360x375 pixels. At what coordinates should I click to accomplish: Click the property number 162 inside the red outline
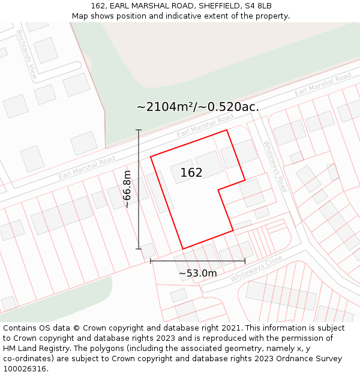(x=191, y=173)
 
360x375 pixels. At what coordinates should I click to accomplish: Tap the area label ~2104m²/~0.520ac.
(x=197, y=107)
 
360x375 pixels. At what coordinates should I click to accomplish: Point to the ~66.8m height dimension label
(x=127, y=189)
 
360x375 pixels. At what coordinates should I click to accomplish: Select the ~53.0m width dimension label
(x=197, y=273)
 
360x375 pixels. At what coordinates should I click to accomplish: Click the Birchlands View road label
(x=27, y=55)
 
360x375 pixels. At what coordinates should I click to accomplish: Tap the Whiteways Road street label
(x=275, y=166)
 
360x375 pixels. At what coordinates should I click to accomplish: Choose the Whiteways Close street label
(x=256, y=268)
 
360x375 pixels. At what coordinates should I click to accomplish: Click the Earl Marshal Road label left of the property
(x=86, y=168)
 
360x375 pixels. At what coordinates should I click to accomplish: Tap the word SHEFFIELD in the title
(x=212, y=6)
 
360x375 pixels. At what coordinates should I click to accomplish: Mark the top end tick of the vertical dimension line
(x=139, y=130)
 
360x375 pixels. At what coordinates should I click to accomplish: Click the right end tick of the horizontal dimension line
(x=245, y=261)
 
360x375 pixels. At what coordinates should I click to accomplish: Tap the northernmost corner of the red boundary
(x=226, y=130)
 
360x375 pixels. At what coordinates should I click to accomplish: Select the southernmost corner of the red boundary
(x=182, y=249)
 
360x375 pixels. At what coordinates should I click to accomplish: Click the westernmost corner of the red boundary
(x=151, y=157)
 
